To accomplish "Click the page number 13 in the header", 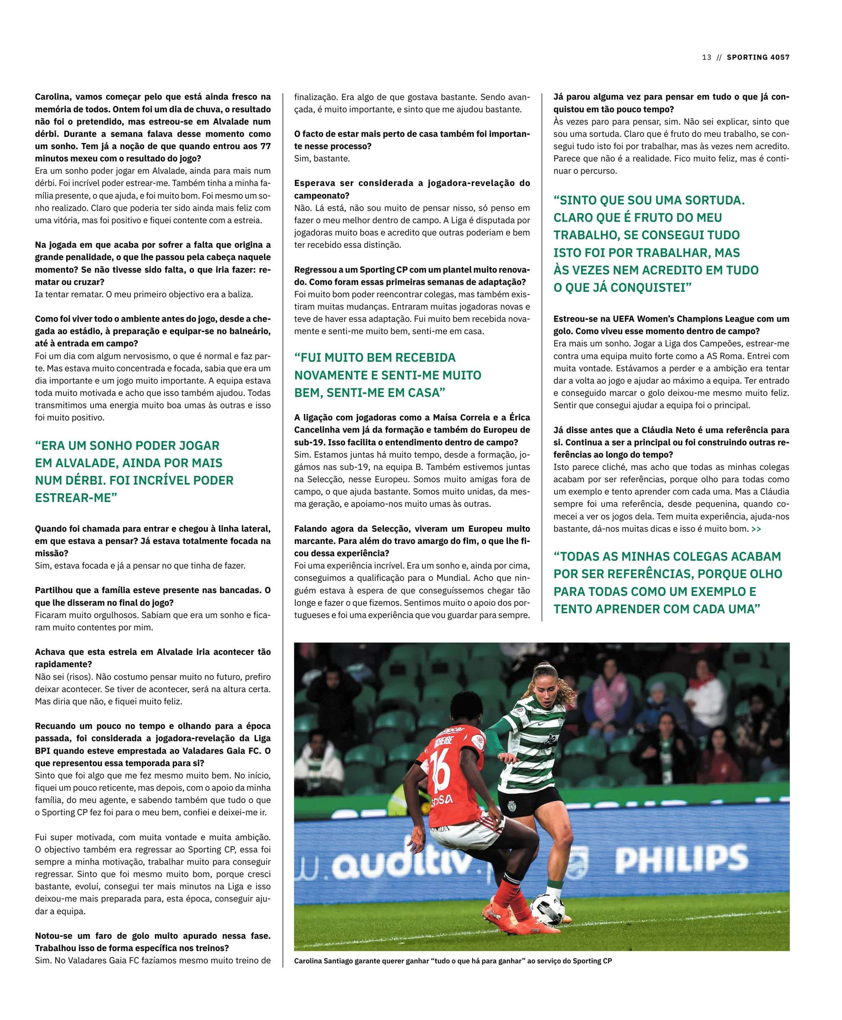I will tap(706, 57).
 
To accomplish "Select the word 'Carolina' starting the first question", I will tap(52, 97).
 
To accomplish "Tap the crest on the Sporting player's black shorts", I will tap(512, 806).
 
